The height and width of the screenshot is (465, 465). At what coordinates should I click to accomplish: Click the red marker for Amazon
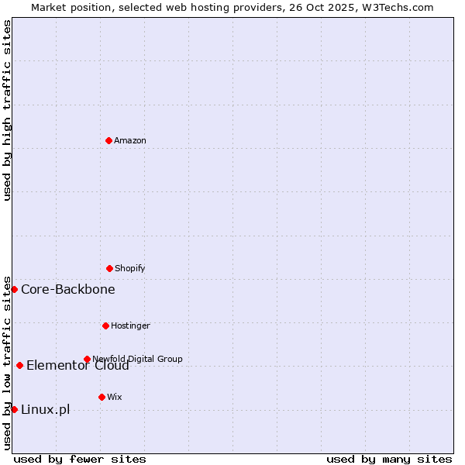[x=108, y=140]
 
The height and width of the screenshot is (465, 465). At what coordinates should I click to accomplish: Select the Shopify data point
[x=109, y=268]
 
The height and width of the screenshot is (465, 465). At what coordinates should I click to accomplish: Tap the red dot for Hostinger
[x=105, y=325]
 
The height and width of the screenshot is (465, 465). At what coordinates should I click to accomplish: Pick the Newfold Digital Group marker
[x=87, y=359]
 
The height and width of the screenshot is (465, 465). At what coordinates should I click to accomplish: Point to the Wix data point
[x=102, y=397]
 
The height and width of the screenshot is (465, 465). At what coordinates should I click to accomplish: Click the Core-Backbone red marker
[x=14, y=289]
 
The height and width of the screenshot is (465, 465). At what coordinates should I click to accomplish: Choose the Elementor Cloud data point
[x=19, y=365]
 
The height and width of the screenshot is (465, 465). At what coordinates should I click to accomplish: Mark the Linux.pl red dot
[x=14, y=409]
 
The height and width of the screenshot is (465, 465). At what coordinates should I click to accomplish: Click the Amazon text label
[x=130, y=140]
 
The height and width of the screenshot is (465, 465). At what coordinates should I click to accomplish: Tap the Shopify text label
[x=130, y=268]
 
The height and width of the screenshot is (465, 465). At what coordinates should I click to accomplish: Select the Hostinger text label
[x=130, y=325]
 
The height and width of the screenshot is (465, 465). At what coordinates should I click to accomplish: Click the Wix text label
[x=115, y=397]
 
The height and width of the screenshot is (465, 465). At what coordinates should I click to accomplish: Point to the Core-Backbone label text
[x=68, y=289]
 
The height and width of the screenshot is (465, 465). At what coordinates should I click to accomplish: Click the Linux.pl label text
[x=45, y=409]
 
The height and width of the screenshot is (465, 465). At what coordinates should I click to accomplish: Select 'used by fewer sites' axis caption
[x=80, y=459]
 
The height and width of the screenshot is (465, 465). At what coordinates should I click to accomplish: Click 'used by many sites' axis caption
[x=389, y=459]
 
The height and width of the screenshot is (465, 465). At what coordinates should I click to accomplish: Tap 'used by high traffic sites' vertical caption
[x=7, y=110]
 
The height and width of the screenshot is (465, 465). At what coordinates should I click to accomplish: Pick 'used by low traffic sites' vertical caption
[x=7, y=362]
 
